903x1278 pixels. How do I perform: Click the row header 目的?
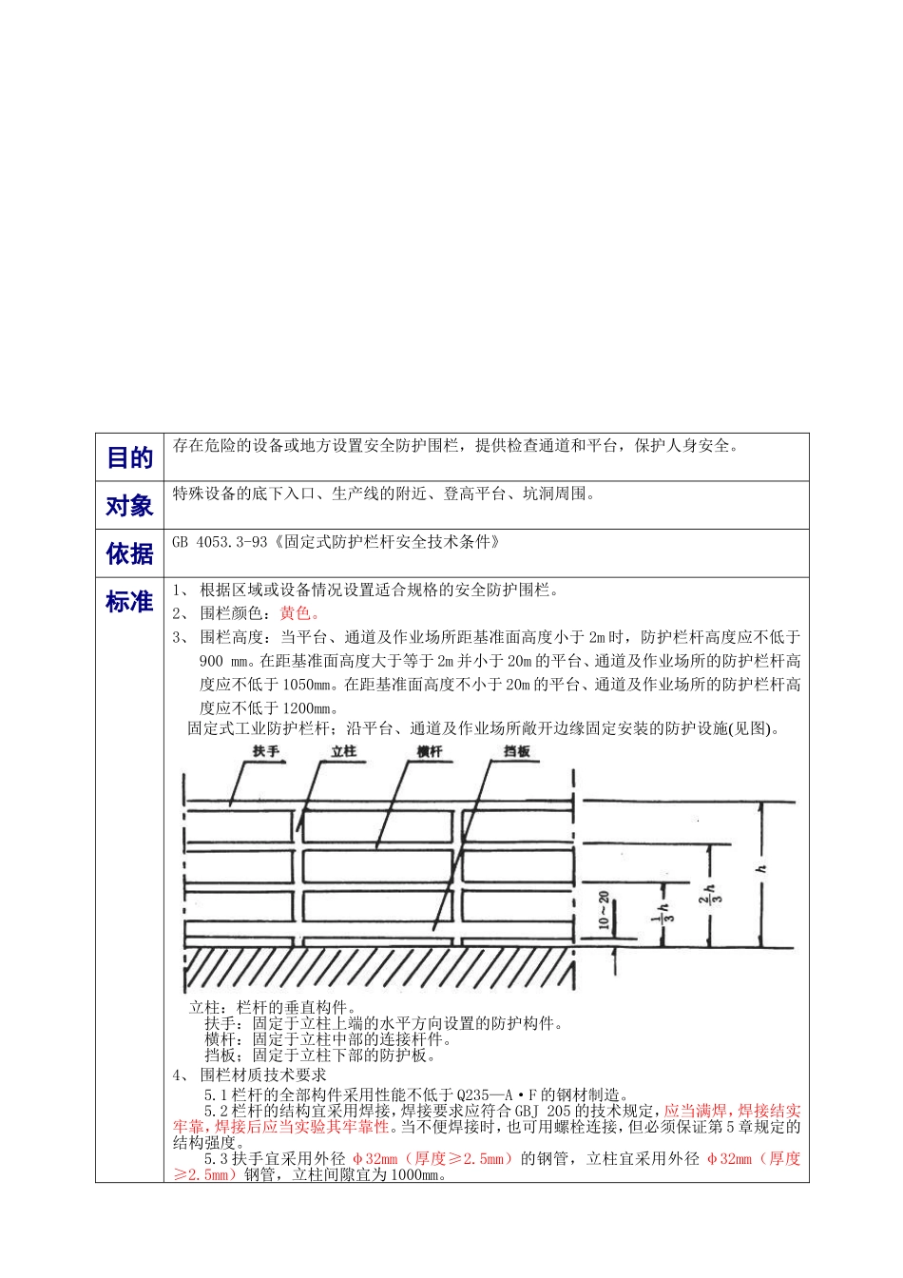pyautogui.click(x=129, y=458)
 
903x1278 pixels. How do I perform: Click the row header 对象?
pyautogui.click(x=129, y=506)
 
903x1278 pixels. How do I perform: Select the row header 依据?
pyautogui.click(x=129, y=553)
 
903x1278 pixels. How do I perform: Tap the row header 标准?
pyautogui.click(x=129, y=602)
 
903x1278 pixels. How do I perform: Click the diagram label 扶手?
pyautogui.click(x=266, y=751)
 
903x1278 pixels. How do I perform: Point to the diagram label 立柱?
pyautogui.click(x=343, y=751)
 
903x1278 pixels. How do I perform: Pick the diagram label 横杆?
pyautogui.click(x=430, y=751)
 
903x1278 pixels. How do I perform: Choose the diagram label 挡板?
pyautogui.click(x=516, y=751)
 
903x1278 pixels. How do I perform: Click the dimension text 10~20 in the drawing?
pyautogui.click(x=604, y=910)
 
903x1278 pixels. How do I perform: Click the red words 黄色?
pyautogui.click(x=299, y=613)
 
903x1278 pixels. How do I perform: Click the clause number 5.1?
pyautogui.click(x=216, y=1095)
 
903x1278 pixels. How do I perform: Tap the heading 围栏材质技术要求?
pyautogui.click(x=263, y=1075)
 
